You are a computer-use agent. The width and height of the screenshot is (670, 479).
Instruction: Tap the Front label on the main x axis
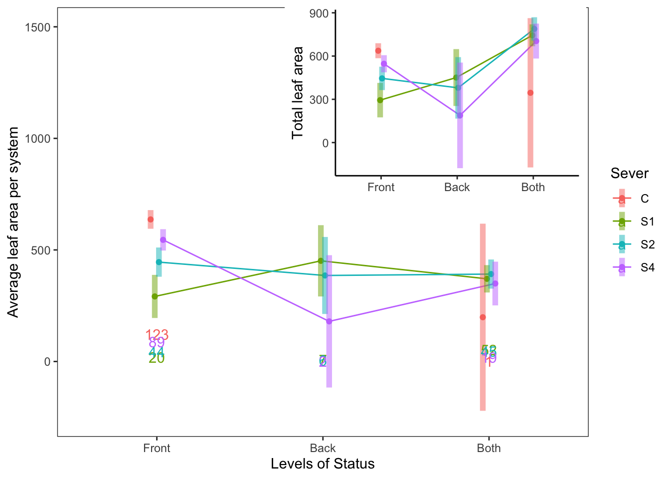[157, 448]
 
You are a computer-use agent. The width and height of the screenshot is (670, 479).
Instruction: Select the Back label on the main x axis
[323, 448]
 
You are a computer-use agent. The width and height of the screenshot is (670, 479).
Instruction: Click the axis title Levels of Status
[323, 464]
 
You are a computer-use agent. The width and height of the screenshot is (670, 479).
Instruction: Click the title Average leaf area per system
[13, 222]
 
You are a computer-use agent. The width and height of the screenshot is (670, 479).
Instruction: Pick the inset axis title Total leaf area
[298, 93]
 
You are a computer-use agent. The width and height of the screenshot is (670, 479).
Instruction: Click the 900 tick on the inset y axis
[319, 13]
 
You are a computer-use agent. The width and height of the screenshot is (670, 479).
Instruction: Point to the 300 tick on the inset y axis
[319, 100]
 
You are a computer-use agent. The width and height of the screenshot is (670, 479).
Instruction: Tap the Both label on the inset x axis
[533, 188]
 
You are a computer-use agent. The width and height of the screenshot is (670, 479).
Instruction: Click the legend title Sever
[629, 174]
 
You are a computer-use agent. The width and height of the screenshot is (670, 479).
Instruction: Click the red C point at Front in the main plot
[151, 220]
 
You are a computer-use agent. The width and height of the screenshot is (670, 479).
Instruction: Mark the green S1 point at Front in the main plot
[155, 296]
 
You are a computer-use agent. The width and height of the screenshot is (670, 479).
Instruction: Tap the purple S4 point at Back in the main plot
[329, 321]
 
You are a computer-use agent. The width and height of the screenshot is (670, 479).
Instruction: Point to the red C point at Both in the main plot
[483, 317]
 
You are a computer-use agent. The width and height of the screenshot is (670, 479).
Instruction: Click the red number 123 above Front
[157, 335]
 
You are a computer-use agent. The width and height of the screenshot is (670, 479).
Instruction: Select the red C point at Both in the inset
[530, 93]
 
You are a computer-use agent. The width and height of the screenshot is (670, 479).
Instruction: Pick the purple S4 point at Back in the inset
[460, 116]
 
